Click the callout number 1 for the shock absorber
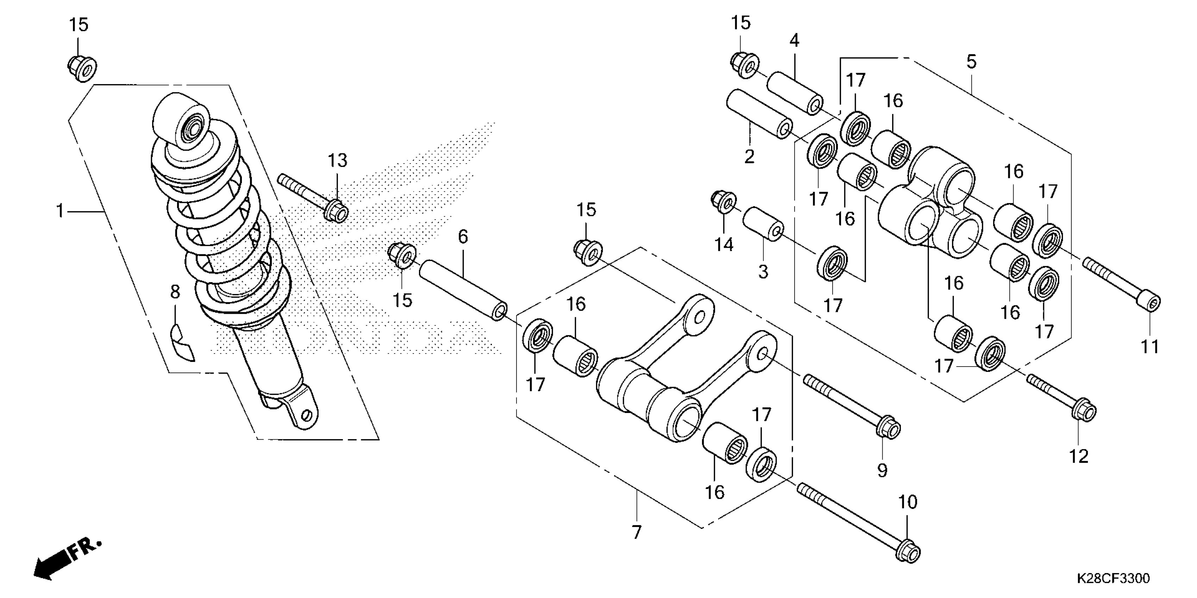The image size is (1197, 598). (x=60, y=212)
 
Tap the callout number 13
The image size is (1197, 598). (x=337, y=161)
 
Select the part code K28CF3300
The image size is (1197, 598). (x=1113, y=579)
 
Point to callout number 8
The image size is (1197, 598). (x=175, y=292)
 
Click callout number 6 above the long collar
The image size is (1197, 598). (x=463, y=237)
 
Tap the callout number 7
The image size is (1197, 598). (x=636, y=532)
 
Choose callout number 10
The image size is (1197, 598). (x=908, y=502)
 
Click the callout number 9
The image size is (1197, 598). (x=882, y=471)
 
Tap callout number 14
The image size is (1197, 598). (x=724, y=244)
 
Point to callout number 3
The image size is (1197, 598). (x=763, y=272)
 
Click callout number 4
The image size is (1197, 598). (x=794, y=41)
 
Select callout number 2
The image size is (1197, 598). (x=749, y=157)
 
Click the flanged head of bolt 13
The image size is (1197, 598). (x=337, y=213)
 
